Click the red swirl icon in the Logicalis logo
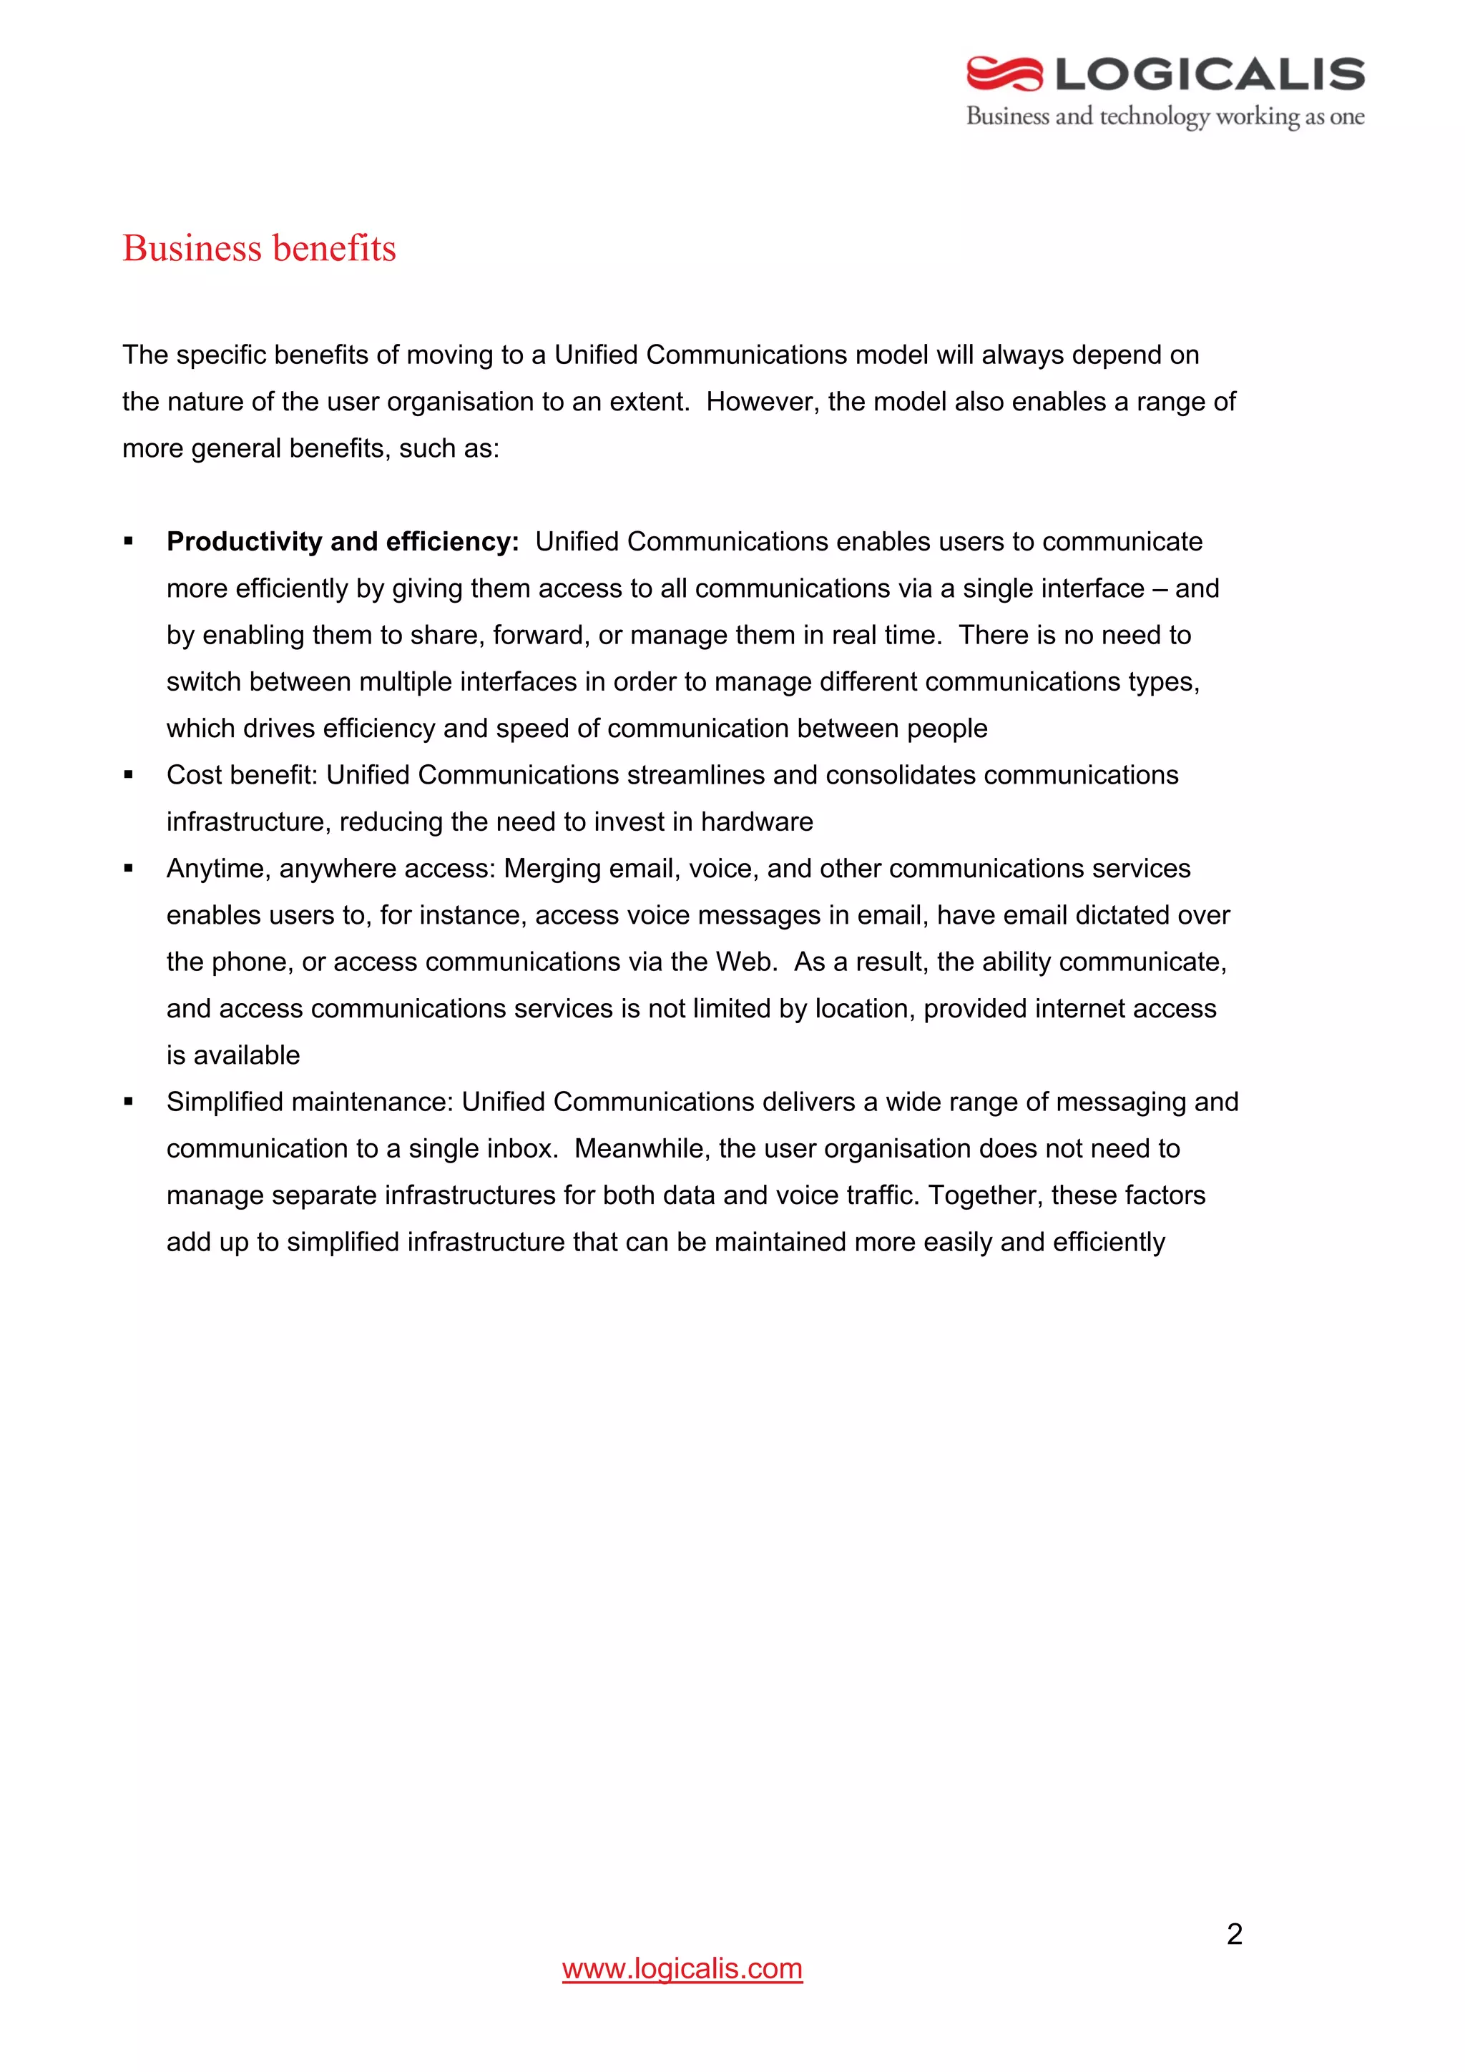[x=1004, y=74]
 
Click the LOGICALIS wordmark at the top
[x=1210, y=74]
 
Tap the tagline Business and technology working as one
[x=1165, y=117]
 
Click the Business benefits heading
[x=259, y=248]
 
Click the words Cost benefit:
[x=242, y=775]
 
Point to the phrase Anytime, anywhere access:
[x=331, y=868]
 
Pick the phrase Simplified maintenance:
[x=310, y=1102]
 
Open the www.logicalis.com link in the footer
[x=682, y=1968]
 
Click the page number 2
[x=1234, y=1934]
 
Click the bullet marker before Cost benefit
[x=129, y=775]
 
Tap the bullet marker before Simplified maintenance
[x=129, y=1102]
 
